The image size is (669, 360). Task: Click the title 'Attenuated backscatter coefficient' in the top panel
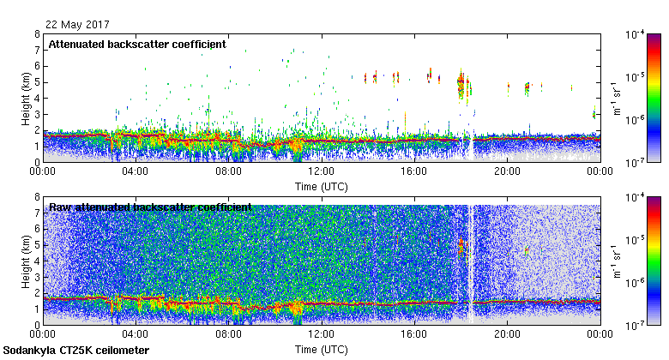(x=137, y=44)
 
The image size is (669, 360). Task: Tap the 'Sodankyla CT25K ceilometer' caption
(x=76, y=351)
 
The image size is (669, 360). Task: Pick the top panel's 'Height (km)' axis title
(x=27, y=98)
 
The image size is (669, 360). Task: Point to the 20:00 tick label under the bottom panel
(x=507, y=335)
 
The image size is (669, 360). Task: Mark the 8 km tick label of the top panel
(x=37, y=34)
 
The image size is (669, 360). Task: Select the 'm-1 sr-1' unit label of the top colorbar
(x=615, y=98)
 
